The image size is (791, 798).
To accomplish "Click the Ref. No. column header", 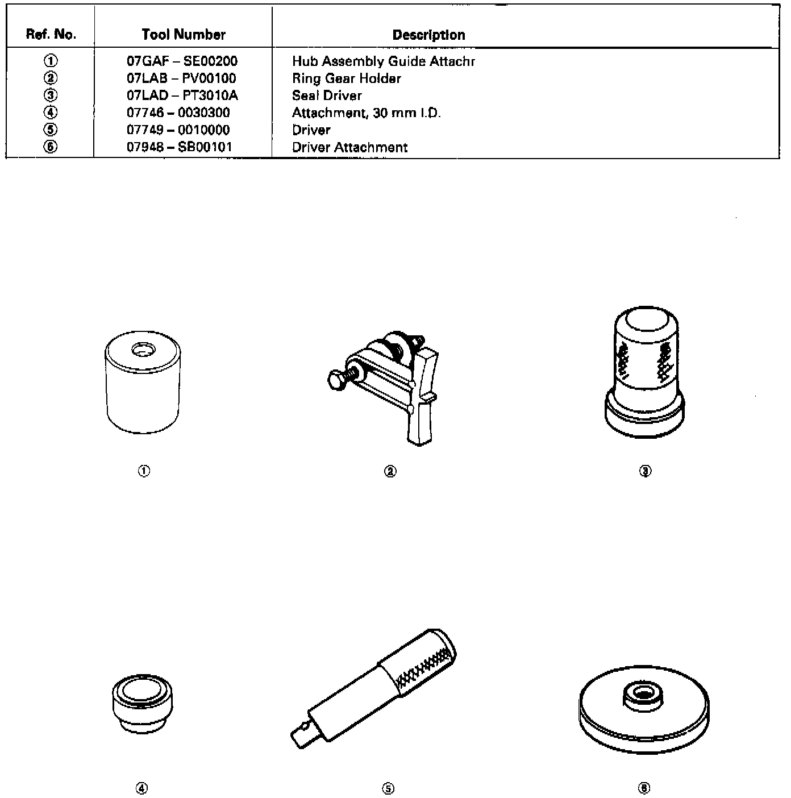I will pos(51,35).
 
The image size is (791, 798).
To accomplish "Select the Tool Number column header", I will pos(184,35).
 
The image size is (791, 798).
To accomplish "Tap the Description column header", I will pos(428,35).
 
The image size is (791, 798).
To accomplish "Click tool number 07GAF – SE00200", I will pos(182,61).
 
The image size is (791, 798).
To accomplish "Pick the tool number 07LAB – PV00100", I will pos(181,78).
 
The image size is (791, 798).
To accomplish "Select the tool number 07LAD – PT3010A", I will pos(182,95).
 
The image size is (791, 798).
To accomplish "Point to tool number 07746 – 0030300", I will pos(178,113).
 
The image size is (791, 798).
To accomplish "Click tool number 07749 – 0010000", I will pos(178,130).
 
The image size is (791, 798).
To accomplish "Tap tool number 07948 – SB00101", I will pos(180,147).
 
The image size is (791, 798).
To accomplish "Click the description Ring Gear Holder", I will pos(347,78).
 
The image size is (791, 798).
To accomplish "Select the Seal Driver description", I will pos(327,95).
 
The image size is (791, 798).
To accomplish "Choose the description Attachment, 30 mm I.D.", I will pos(366,113).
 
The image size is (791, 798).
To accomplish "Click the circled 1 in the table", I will pos(51,61).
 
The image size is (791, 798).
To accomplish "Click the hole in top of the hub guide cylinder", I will pos(140,350).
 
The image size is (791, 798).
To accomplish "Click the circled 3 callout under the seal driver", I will pos(645,471).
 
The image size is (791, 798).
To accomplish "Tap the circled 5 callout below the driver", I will pos(389,788).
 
